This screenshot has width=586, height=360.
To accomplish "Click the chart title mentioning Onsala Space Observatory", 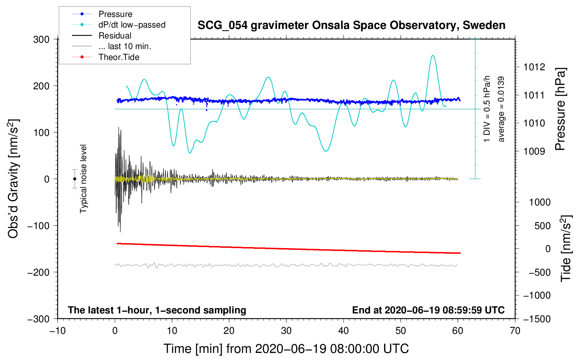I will coord(351,25).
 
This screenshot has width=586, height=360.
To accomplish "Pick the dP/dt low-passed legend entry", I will coord(132,25).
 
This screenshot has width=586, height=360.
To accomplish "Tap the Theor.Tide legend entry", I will coord(119,57).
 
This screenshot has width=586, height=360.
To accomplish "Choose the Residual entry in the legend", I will coord(115,36).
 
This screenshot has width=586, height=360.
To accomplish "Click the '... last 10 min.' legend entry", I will coord(125,46).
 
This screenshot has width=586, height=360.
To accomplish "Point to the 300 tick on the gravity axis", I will coord(41,39).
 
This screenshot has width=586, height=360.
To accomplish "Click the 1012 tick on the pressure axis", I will coord(534,67).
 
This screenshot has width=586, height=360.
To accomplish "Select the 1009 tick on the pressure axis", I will coord(534,151).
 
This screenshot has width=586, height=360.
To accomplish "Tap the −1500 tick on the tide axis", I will coord(537,319).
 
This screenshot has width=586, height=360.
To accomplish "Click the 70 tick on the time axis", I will coord(515,331).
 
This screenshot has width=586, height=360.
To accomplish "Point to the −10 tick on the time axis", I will coord(58,331).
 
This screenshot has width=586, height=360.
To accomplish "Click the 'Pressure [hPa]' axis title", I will coord(560,109).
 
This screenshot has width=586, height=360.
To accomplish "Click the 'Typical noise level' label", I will coord(83,179).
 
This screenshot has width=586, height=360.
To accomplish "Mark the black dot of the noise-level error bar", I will coord(74,179).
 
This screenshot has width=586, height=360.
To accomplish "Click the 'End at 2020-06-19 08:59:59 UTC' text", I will coord(428,310).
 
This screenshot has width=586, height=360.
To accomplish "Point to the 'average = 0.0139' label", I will coord(501,109).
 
